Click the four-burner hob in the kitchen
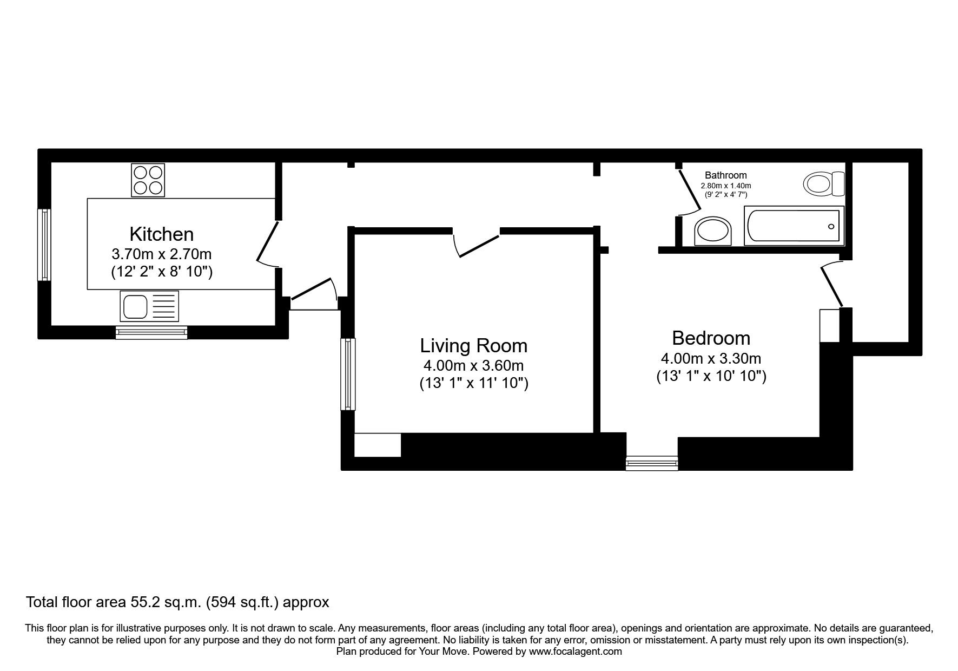tap(148, 180)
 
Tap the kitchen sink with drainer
tap(149, 306)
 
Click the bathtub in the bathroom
tap(792, 226)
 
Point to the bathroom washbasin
tap(713, 231)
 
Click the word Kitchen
tap(161, 234)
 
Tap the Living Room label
tap(473, 346)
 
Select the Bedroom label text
tap(711, 338)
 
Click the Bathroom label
tap(725, 175)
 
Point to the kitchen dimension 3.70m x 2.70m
tap(161, 254)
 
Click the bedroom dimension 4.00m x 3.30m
tap(711, 358)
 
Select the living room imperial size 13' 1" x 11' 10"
tap(473, 384)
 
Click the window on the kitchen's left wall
tap(44, 245)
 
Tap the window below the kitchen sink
tap(151, 332)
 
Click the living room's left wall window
tap(348, 374)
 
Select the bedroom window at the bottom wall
tap(651, 463)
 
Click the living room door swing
tap(476, 245)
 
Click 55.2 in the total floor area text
tap(143, 602)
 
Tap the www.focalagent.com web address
tap(575, 652)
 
